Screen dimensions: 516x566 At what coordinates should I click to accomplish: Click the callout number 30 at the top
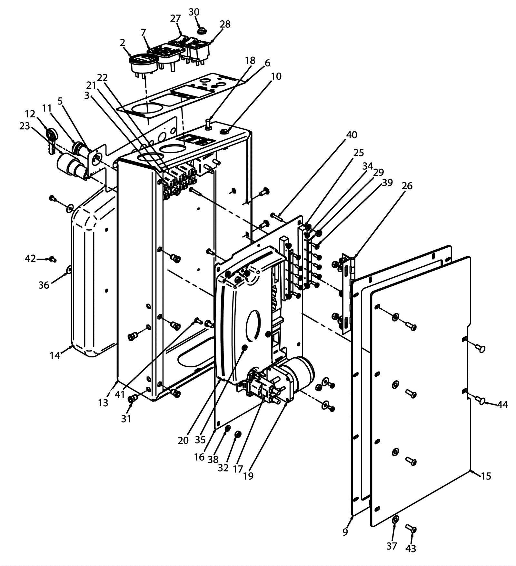click(x=194, y=12)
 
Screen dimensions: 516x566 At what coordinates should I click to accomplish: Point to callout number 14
click(x=55, y=356)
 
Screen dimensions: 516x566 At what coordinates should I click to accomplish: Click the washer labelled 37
click(x=395, y=519)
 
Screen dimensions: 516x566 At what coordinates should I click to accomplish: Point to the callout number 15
click(x=486, y=476)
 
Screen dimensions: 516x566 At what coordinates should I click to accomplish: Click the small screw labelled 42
click(x=52, y=259)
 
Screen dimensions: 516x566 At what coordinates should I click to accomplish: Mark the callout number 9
click(x=345, y=532)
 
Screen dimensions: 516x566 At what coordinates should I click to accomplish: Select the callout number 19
click(x=248, y=476)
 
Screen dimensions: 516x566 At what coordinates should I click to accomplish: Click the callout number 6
click(x=267, y=63)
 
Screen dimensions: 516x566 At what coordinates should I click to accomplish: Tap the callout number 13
click(x=103, y=403)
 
